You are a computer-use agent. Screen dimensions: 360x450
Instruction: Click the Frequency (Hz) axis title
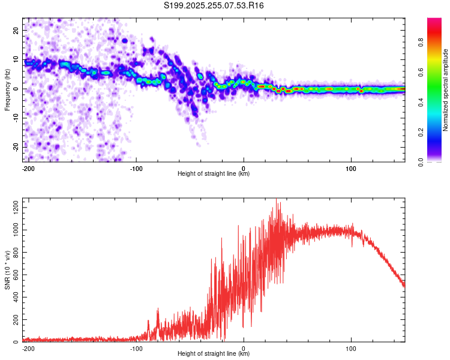point(7,89)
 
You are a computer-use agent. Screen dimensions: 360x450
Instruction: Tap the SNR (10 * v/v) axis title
point(7,269)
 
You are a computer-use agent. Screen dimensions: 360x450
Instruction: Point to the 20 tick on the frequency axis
point(17,30)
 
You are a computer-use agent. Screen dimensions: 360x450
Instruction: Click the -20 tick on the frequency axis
point(16,147)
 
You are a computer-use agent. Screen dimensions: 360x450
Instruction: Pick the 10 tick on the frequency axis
point(17,59)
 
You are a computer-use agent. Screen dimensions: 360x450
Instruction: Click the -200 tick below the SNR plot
point(28,348)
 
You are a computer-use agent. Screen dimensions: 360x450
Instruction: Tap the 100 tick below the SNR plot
point(351,348)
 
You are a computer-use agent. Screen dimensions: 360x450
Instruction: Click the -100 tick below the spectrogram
point(136,168)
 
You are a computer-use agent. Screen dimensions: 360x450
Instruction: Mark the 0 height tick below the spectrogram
point(244,168)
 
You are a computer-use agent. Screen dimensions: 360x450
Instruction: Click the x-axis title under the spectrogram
point(214,174)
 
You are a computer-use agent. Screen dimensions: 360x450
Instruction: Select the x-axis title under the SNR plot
point(214,354)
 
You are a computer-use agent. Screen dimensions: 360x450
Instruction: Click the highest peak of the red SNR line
point(276,199)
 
